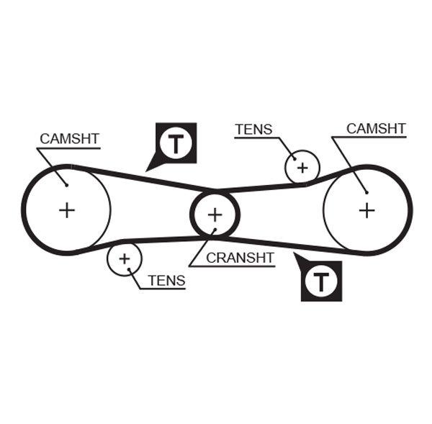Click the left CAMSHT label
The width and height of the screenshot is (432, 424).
[x=70, y=138]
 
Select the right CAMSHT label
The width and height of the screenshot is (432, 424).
[x=376, y=128]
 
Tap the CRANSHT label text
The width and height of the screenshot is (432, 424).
[x=240, y=257]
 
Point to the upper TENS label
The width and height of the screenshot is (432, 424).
[x=253, y=130]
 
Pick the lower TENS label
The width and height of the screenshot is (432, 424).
[x=166, y=281]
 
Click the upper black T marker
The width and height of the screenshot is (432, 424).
[x=176, y=143]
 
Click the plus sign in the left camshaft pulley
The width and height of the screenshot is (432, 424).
[x=67, y=210]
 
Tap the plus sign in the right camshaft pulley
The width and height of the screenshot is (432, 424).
[x=367, y=209]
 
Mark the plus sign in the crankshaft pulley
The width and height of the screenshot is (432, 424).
[x=215, y=214]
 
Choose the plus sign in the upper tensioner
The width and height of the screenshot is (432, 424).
[x=302, y=168]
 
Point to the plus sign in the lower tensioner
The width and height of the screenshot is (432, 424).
[x=125, y=258]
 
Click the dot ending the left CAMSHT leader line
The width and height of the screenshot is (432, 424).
[x=67, y=185]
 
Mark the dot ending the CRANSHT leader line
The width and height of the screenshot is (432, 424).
[x=213, y=232]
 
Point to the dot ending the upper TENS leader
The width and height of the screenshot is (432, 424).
[x=294, y=161]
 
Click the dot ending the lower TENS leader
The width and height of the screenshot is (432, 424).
[x=129, y=269]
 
